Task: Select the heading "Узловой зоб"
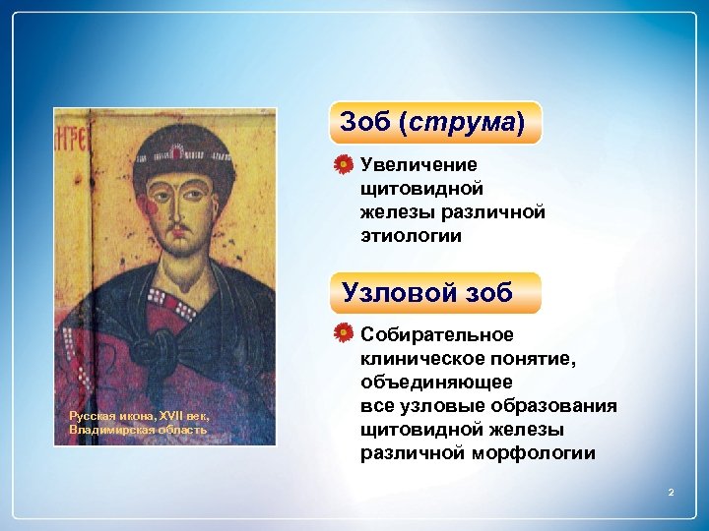click(427, 293)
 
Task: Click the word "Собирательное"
click(436, 335)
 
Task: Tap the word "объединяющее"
click(436, 383)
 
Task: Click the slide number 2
click(671, 491)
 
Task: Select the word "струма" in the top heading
click(462, 122)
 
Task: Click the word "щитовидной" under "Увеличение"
click(421, 188)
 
